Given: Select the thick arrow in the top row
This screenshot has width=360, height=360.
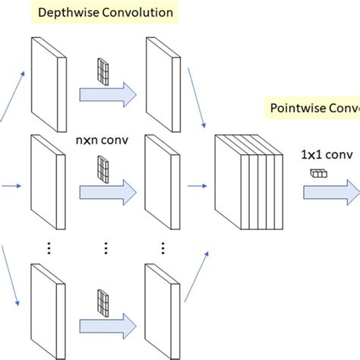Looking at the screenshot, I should coord(107,93).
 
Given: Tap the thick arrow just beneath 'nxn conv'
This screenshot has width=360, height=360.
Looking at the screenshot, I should coord(107,188).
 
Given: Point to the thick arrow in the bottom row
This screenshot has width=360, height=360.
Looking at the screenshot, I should coord(107,318).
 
